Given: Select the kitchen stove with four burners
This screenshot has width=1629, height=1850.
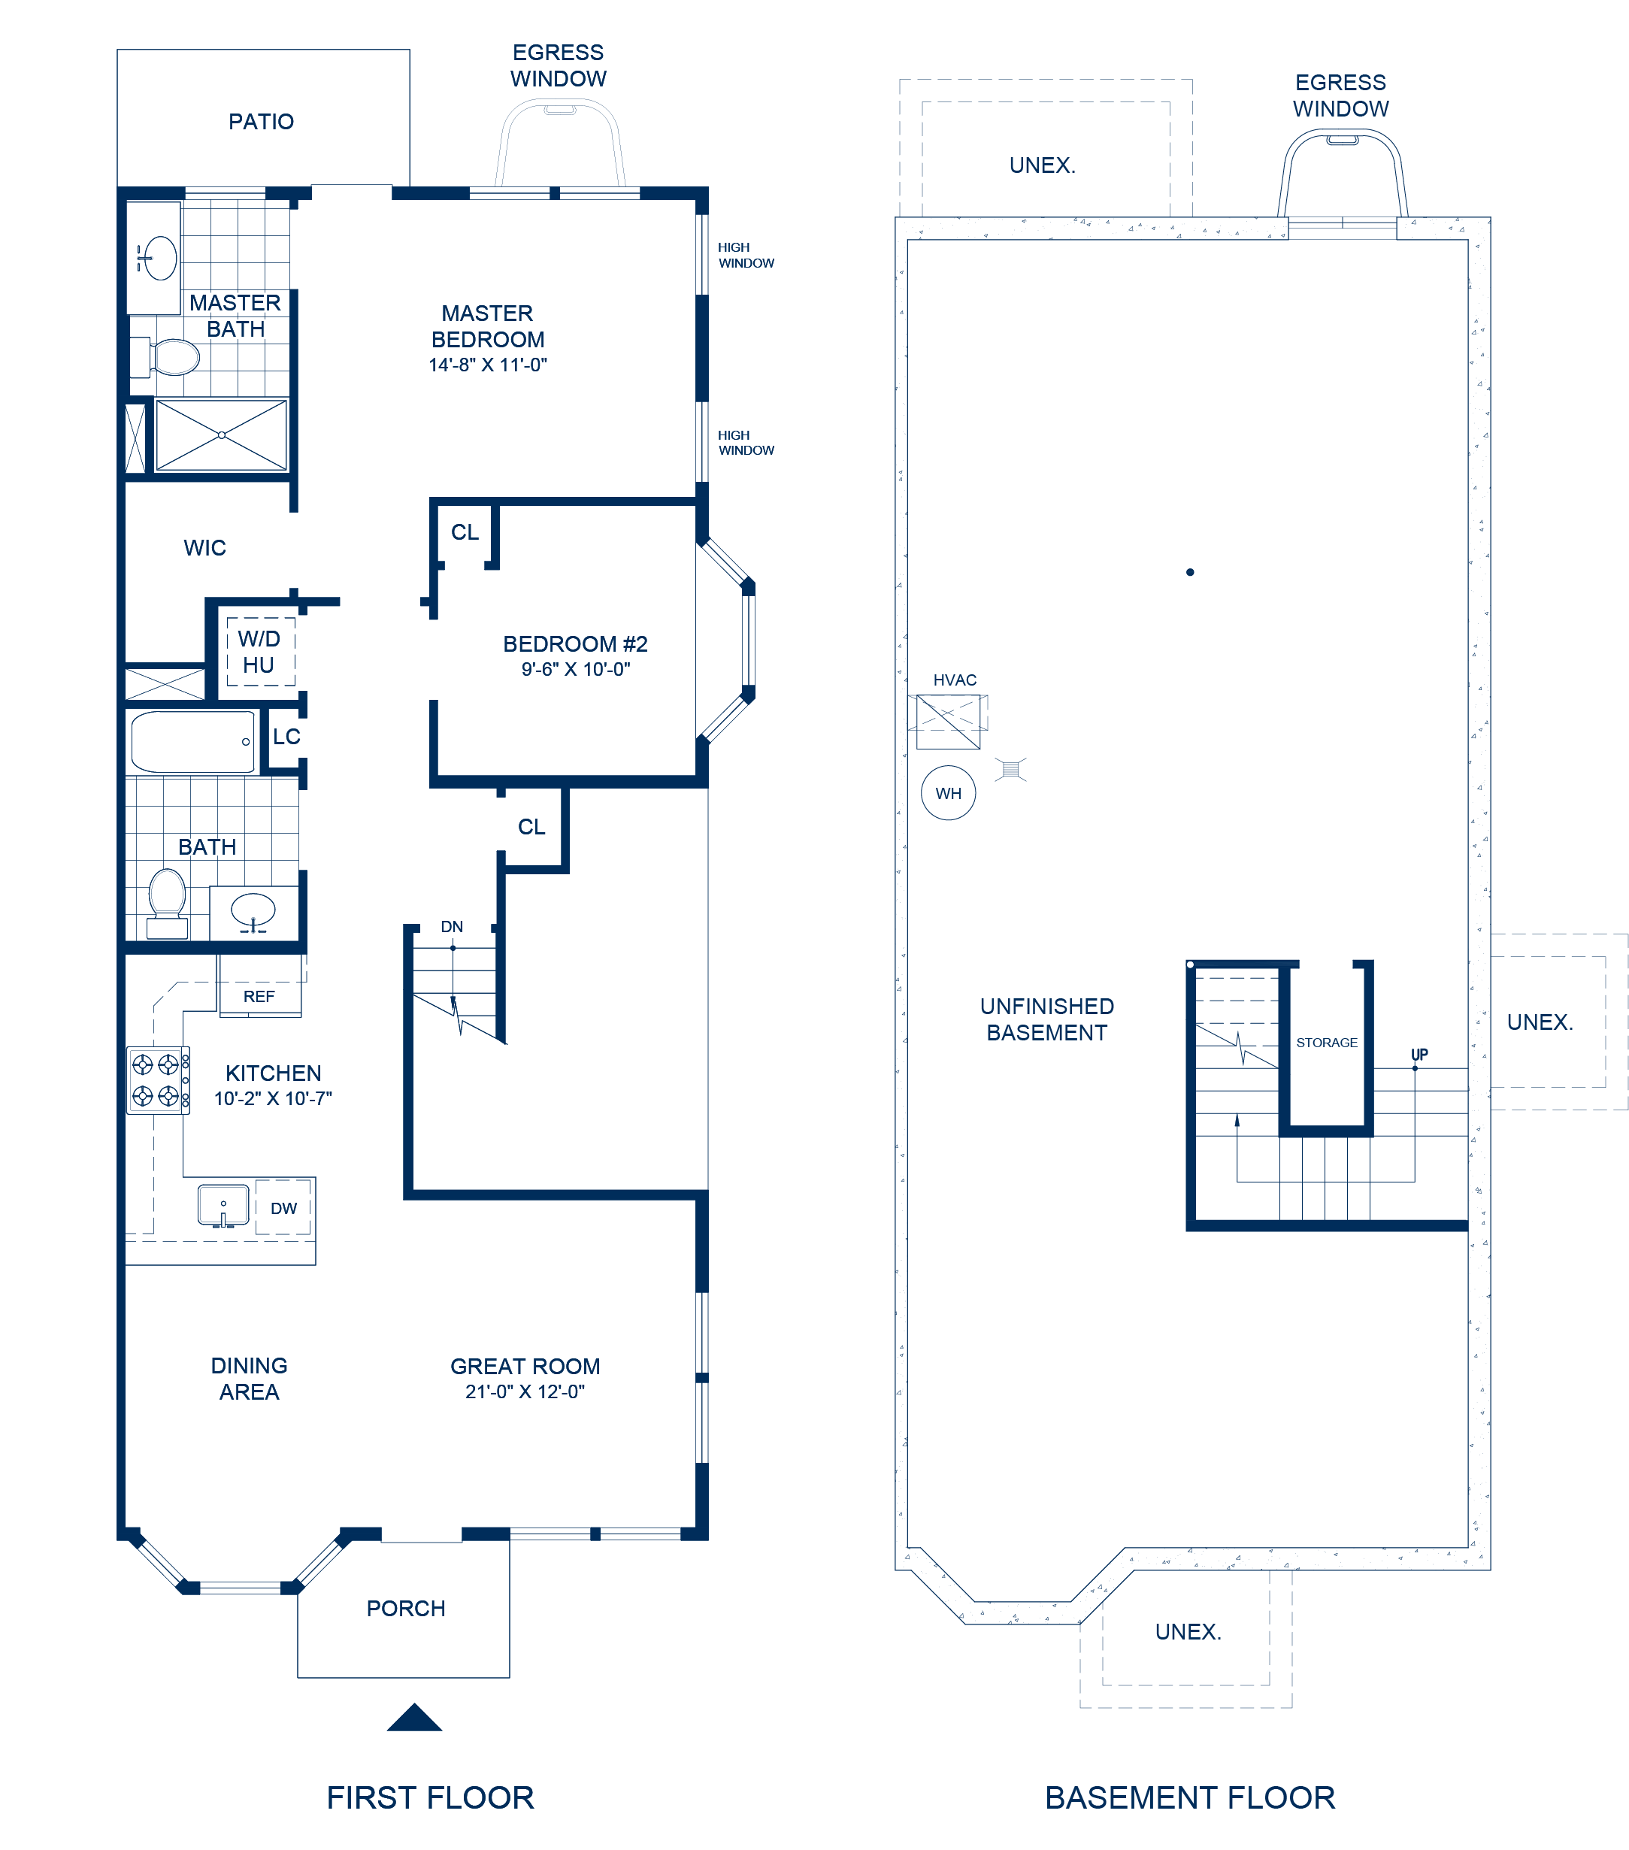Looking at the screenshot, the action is pos(159,1079).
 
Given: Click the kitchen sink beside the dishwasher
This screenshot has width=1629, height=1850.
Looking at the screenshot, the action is pos(223,1206).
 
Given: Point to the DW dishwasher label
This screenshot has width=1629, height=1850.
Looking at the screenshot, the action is pos(283,1208).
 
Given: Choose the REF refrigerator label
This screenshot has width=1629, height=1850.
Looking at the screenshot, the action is pos(259,997).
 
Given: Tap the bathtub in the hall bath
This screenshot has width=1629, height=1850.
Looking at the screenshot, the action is pos(192,741).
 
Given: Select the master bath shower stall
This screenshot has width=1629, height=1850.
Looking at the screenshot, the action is pos(222,435).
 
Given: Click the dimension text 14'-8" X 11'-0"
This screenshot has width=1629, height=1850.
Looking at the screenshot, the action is pos(488,365).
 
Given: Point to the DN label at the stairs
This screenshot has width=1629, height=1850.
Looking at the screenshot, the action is pos(452,927).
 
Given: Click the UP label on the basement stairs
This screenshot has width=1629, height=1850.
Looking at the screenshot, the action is pos(1419,1055).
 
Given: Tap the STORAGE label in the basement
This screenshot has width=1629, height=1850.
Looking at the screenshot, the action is pos(1327,1043).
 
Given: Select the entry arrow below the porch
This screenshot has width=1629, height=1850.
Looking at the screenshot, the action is pos(414,1717).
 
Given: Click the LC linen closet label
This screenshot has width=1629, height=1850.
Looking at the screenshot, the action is pos(286,737).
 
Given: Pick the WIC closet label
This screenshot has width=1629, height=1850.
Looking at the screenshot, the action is pos(204,547).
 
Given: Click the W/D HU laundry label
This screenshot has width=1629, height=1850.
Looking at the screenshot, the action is pos(259,652).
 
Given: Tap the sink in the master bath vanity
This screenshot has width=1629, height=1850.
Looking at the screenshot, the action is pos(160,258).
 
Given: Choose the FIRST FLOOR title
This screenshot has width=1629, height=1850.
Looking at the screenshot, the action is pos(430,1797).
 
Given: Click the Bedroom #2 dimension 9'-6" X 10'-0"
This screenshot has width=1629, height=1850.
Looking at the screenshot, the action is pos(576,669).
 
